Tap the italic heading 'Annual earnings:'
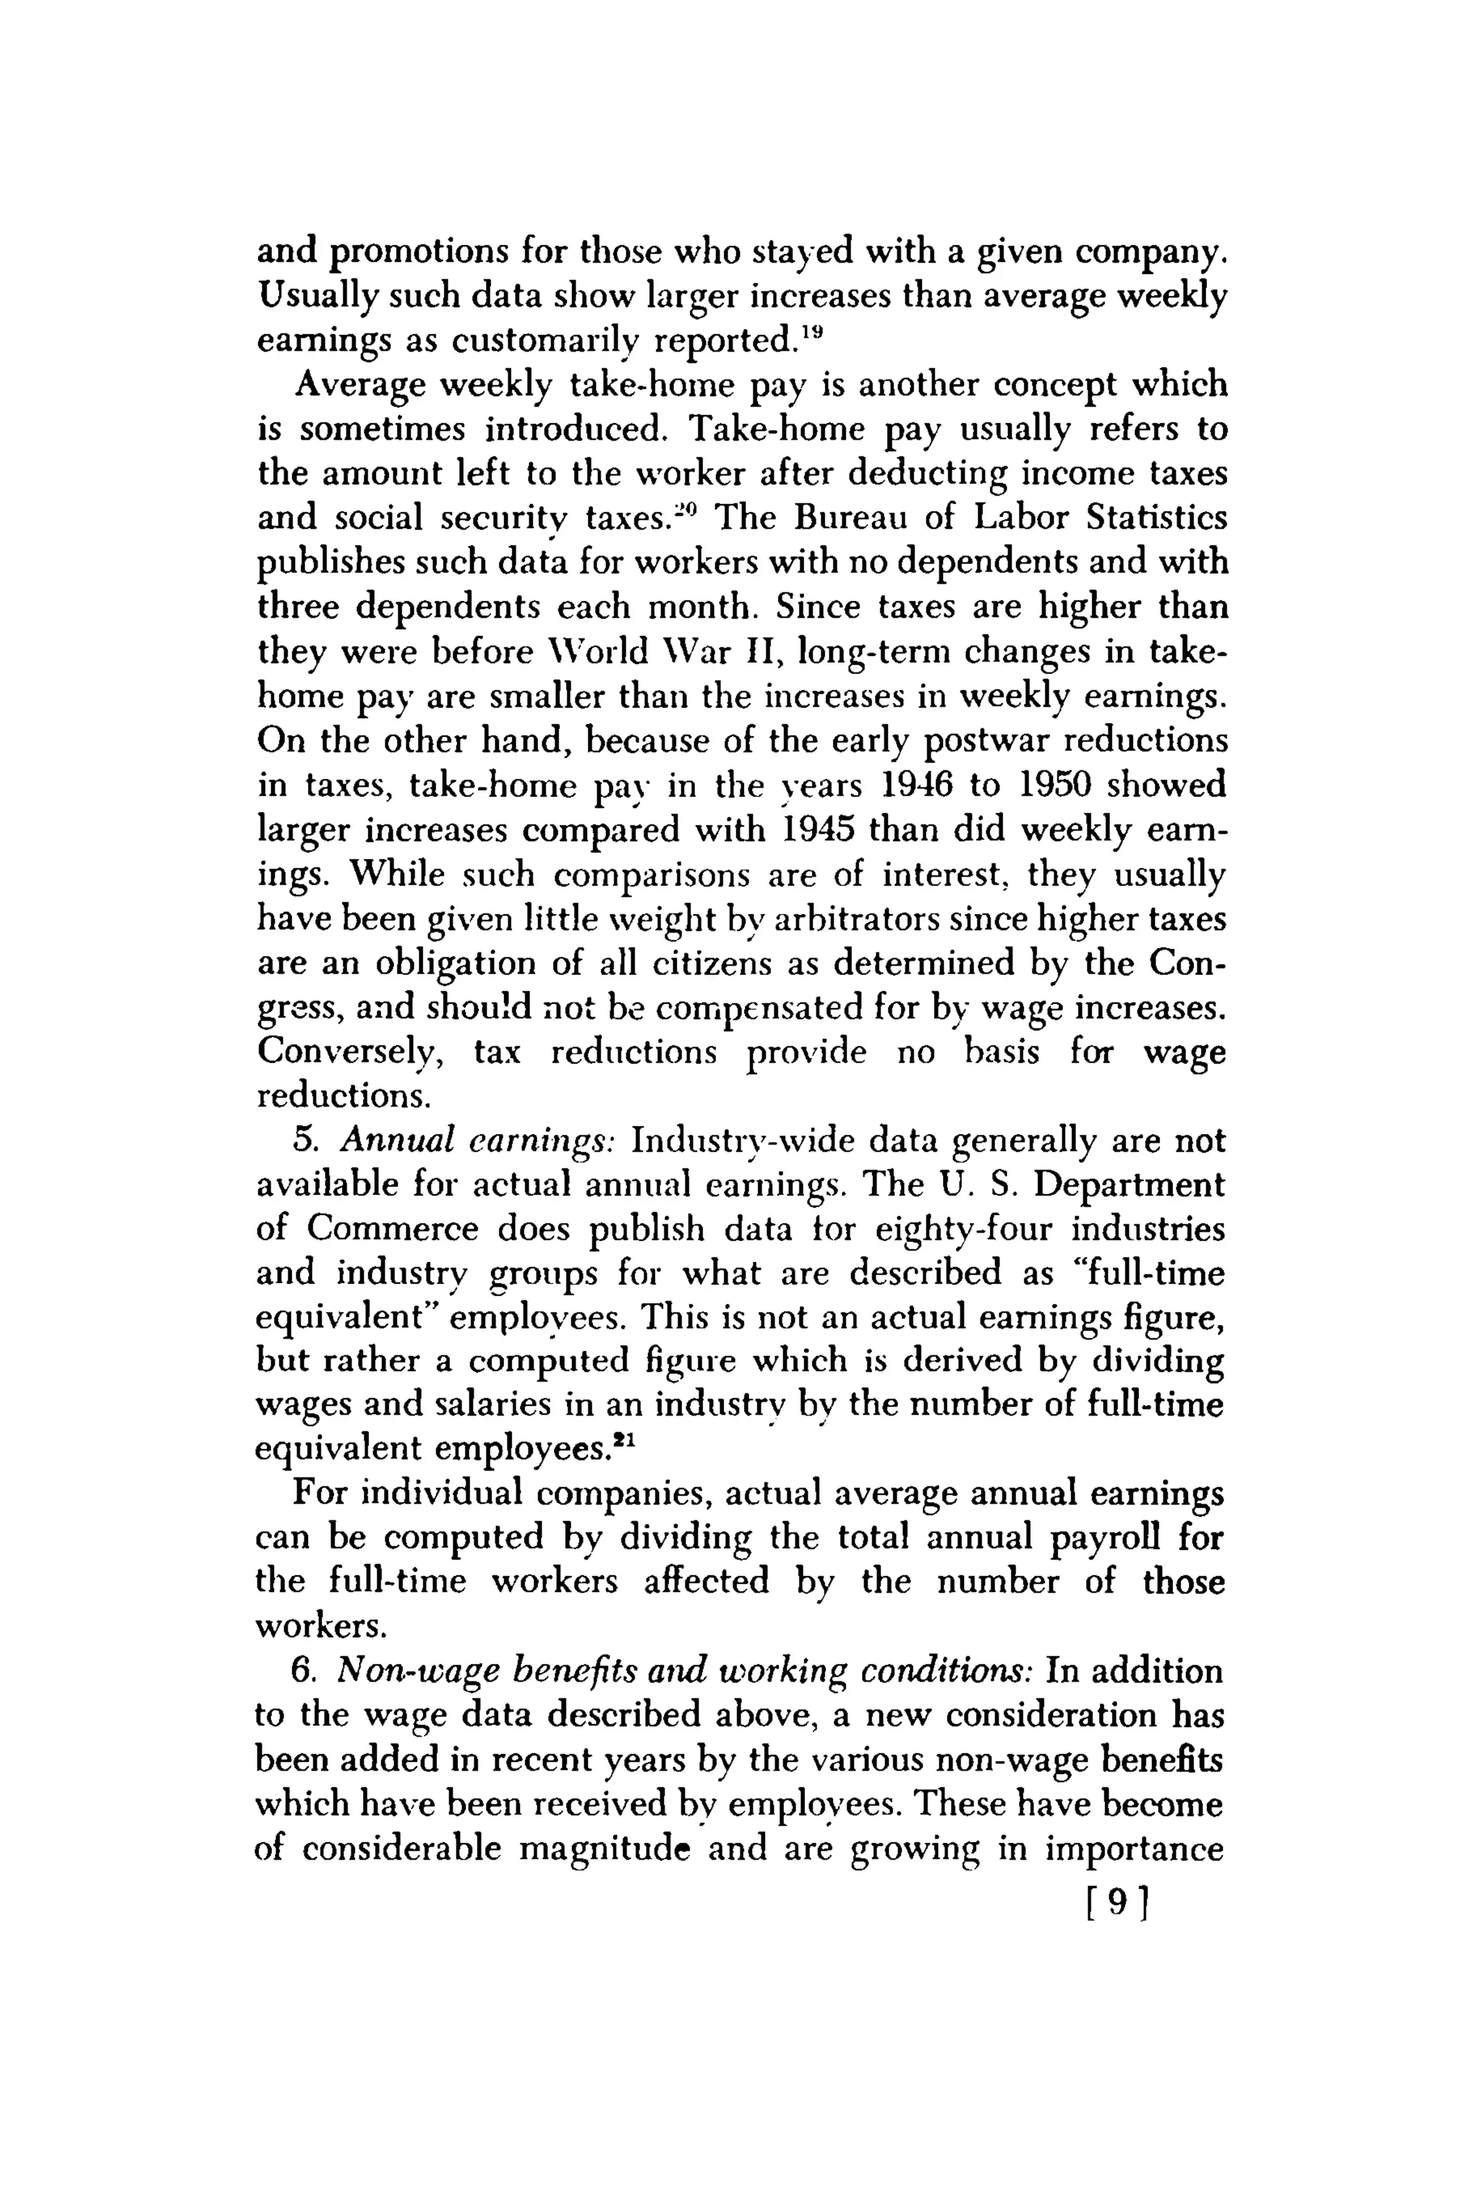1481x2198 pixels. click(x=478, y=1141)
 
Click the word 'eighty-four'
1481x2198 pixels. click(x=957, y=1230)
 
